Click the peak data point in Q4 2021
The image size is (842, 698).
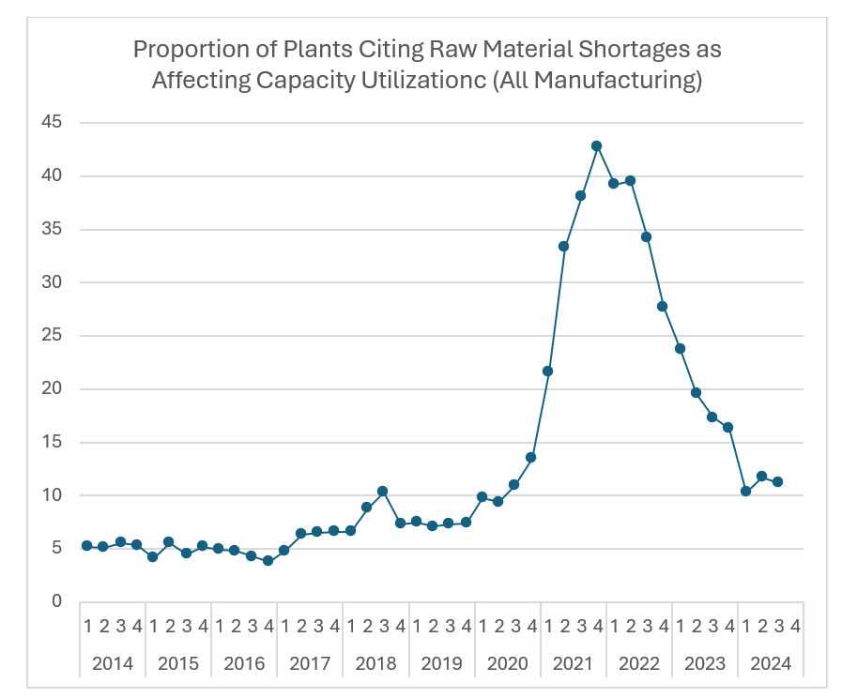(596, 146)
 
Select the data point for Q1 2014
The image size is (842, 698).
(87, 545)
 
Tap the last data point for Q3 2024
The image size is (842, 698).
(778, 481)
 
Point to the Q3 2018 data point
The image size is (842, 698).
(382, 491)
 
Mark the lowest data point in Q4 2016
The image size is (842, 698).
(268, 560)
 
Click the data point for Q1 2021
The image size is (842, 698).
(547, 371)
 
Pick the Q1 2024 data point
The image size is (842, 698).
(745, 491)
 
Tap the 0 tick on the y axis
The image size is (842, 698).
(56, 601)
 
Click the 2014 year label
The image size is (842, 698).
(113, 664)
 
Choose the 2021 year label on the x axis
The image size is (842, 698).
(573, 664)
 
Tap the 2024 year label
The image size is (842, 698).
(771, 664)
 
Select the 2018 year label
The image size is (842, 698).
(375, 664)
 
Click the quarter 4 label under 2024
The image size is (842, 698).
(795, 626)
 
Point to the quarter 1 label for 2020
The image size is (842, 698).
(481, 626)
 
